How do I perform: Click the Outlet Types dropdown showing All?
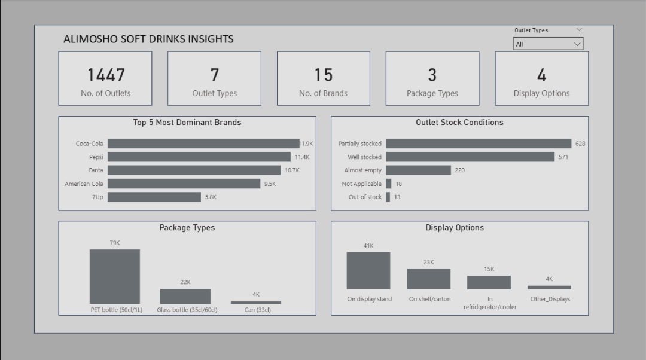coord(547,44)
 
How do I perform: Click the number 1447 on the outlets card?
coord(106,75)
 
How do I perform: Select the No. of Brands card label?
coord(323,93)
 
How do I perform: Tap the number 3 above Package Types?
coord(432,75)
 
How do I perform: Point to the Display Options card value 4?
coord(541,75)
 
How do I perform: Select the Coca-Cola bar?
coord(203,144)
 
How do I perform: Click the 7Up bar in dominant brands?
coord(154,197)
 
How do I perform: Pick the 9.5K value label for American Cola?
coord(270,184)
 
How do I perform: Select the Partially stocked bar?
coord(479,144)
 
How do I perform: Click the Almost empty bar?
coord(418,170)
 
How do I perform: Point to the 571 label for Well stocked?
coord(563,157)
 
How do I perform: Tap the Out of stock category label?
coord(365,197)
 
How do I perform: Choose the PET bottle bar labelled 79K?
coord(115,276)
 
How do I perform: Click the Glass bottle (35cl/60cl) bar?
coord(185,296)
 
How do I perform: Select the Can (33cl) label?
coord(255,310)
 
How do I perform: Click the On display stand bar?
coord(368,271)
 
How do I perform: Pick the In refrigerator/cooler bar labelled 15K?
coord(489,282)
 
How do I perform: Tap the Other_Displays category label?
coord(550,299)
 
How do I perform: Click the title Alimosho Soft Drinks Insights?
coord(148,39)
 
